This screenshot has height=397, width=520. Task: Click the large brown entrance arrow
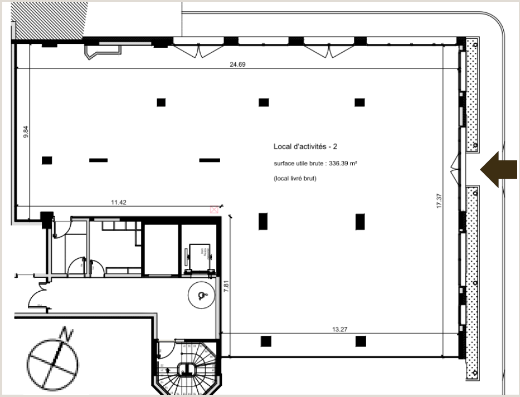click(499, 170)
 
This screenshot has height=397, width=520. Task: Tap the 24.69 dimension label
click(237, 64)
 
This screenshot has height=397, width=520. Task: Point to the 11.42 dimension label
click(119, 203)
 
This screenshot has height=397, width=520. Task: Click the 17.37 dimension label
click(439, 200)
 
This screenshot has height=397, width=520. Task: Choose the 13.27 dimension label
click(339, 329)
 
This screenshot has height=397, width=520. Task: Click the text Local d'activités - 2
click(305, 146)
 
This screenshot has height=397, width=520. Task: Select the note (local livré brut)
click(295, 178)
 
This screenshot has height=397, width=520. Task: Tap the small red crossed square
click(213, 209)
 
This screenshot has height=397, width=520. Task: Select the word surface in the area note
click(284, 164)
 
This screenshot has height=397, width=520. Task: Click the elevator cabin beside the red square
click(198, 256)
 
